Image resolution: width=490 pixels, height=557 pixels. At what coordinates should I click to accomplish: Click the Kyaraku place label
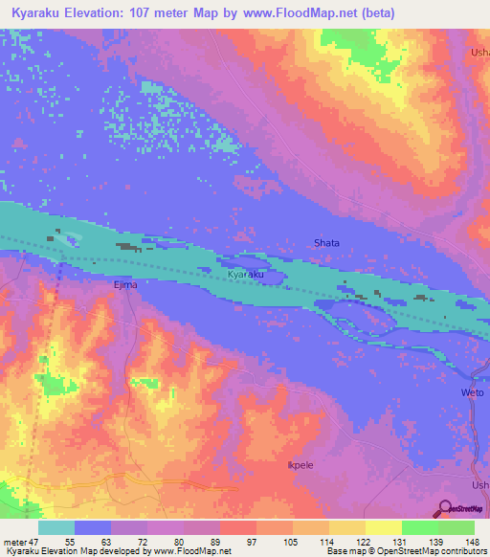tap(245, 275)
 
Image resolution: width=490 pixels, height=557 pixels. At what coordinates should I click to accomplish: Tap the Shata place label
tap(326, 243)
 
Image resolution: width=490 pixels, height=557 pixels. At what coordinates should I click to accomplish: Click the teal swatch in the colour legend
tap(56, 527)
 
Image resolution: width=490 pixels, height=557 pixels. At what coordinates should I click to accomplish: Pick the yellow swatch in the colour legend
tap(384, 527)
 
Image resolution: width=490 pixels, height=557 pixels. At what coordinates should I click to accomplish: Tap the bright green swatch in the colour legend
tap(420, 527)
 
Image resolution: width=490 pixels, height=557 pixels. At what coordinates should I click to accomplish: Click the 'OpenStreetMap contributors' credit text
tap(440, 551)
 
